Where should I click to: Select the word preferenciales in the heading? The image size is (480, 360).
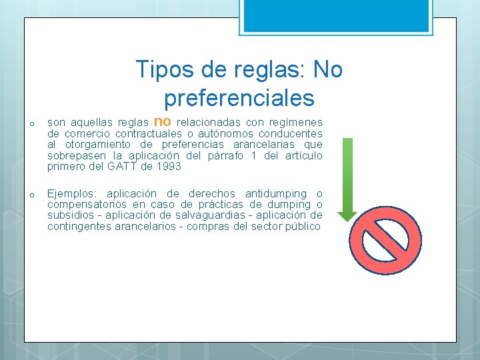point(239,98)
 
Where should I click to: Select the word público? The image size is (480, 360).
point(303,227)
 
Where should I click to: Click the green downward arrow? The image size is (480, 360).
point(347,179)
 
